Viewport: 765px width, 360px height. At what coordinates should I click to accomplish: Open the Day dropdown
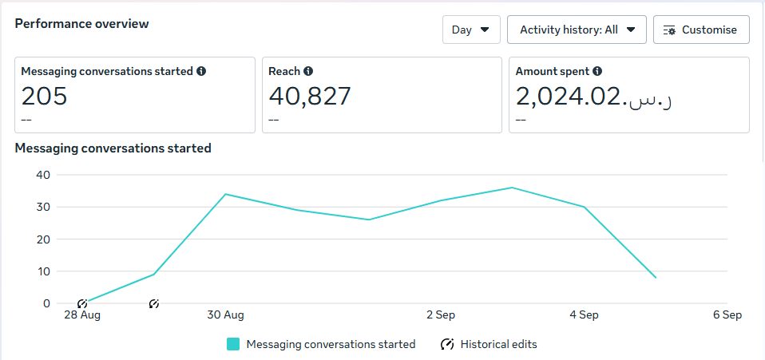click(x=471, y=30)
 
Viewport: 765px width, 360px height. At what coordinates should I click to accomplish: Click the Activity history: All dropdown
click(x=577, y=30)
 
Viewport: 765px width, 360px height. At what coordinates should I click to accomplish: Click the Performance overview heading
click(x=81, y=24)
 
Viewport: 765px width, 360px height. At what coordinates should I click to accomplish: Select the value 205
click(x=44, y=97)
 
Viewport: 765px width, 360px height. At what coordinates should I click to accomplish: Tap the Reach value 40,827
click(x=310, y=97)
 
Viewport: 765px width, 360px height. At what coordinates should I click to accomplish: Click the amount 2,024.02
click(x=569, y=97)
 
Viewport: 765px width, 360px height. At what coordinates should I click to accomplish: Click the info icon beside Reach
click(x=308, y=71)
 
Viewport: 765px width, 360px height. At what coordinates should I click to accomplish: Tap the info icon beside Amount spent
click(x=597, y=71)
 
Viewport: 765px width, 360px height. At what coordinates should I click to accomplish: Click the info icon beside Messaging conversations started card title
click(x=201, y=71)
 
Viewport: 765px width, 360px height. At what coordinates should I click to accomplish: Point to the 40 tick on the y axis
click(x=43, y=175)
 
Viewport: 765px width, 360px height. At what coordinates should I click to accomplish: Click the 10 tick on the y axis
click(x=43, y=271)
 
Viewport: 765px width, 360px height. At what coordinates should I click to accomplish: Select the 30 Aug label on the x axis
click(x=225, y=315)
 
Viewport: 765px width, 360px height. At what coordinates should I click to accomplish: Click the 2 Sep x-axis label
click(x=441, y=315)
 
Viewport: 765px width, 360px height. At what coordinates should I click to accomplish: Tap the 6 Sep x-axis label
click(x=727, y=315)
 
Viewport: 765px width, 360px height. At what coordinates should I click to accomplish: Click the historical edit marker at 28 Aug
click(x=82, y=303)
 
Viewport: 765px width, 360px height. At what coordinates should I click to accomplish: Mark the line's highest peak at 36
click(x=512, y=188)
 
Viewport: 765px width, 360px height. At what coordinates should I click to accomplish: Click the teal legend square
click(x=233, y=344)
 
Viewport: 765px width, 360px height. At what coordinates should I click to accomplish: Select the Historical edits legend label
click(x=499, y=344)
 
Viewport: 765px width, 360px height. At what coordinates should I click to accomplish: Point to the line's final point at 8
click(x=656, y=278)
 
